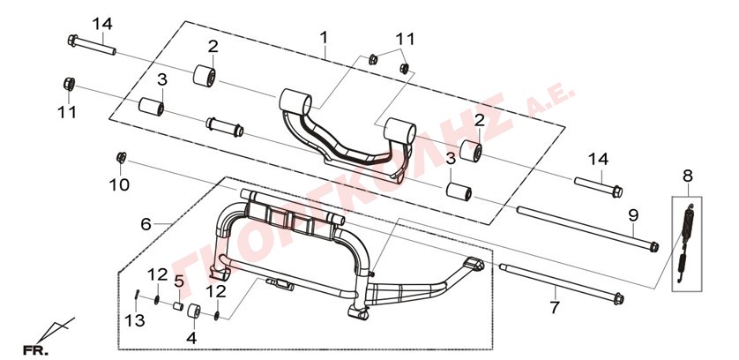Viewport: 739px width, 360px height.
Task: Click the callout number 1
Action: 324,37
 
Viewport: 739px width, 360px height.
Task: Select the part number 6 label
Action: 146,225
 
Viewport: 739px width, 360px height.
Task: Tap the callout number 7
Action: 555,308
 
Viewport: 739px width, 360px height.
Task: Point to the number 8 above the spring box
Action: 688,176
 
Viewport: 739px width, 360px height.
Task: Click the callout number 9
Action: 633,215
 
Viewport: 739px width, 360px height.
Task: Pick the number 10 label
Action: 119,184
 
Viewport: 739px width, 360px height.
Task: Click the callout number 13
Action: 133,321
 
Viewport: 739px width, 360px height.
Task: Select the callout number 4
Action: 191,338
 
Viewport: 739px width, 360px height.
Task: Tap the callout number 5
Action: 179,281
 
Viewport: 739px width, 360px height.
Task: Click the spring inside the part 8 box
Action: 686,243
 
